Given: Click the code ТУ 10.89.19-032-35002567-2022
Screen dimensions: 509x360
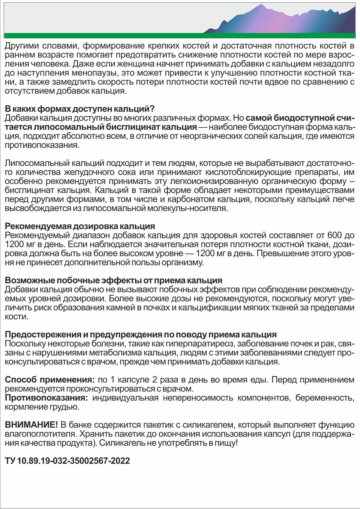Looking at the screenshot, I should point(67,461).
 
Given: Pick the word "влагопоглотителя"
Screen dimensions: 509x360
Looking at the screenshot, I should point(39,434).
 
